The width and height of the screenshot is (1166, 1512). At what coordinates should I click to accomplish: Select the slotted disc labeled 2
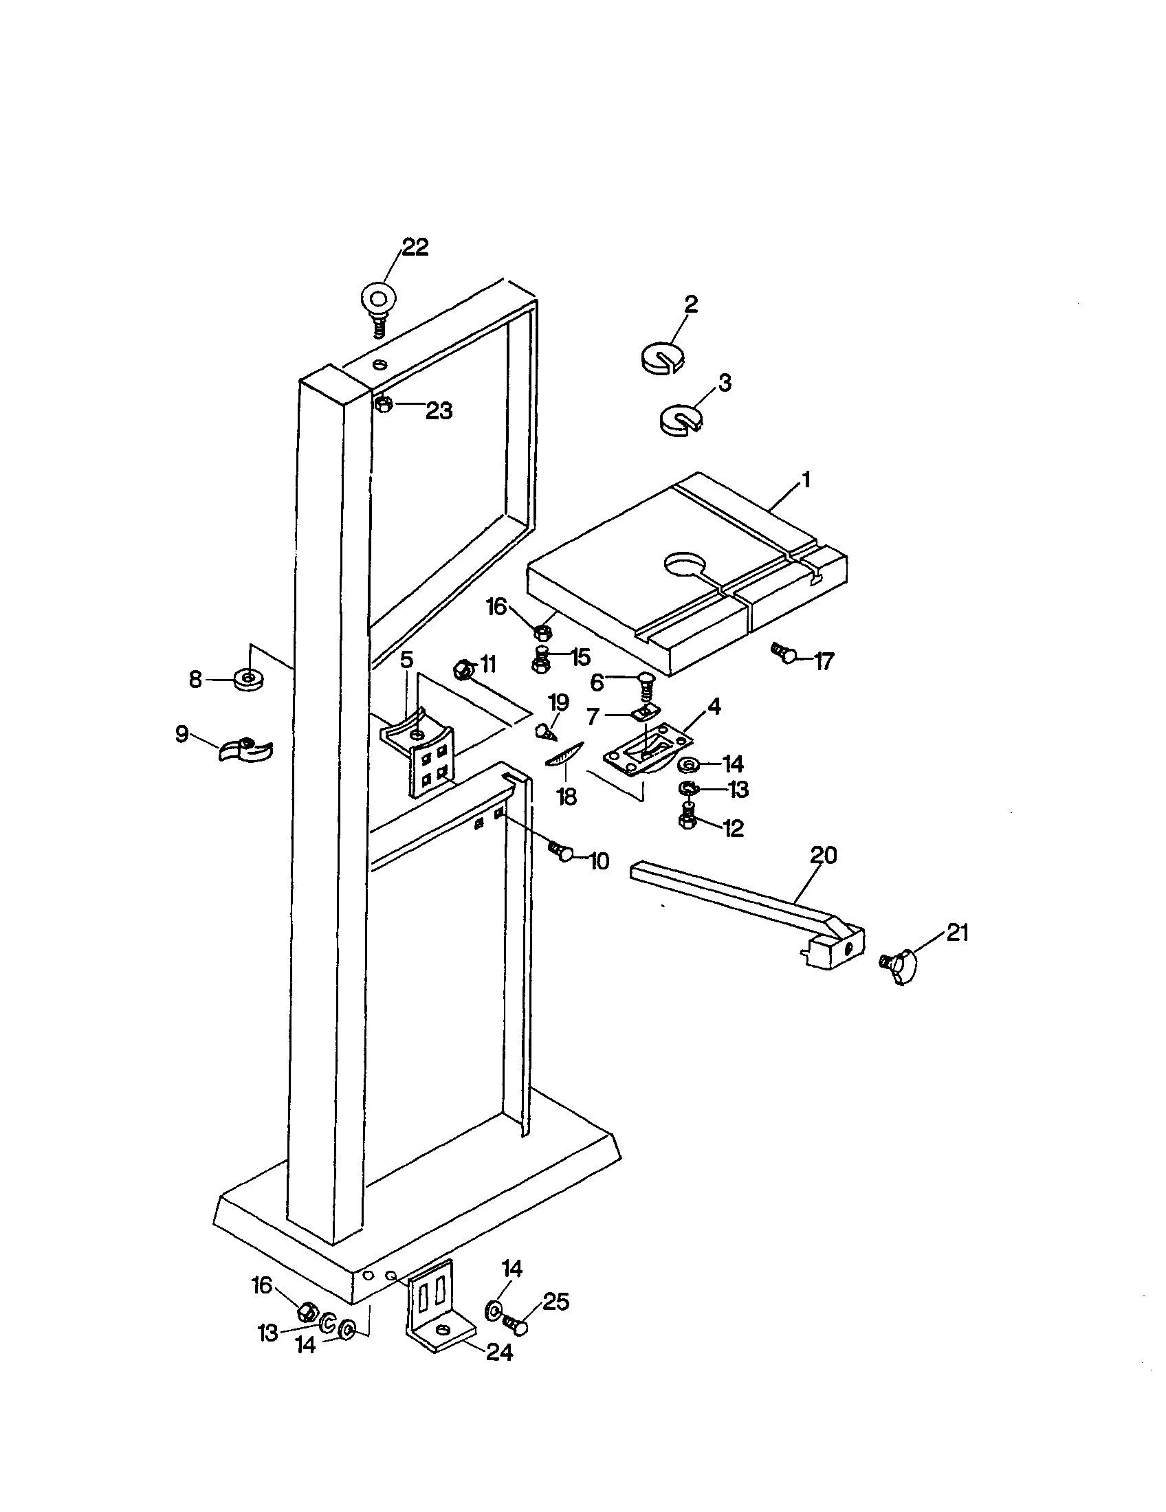point(661,357)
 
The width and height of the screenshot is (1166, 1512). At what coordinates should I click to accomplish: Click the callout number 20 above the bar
point(822,855)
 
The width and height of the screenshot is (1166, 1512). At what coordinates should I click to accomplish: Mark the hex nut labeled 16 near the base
point(307,1309)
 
